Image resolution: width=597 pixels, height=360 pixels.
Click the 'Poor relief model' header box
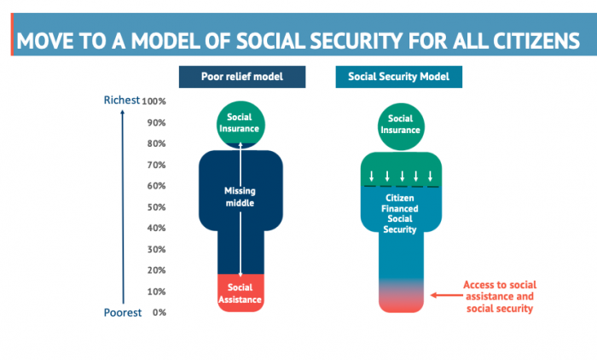coord(242,77)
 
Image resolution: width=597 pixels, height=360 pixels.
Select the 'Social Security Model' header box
coord(399,77)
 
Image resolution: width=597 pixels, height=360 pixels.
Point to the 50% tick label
coord(154,206)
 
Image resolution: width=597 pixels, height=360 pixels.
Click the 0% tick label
coord(159,312)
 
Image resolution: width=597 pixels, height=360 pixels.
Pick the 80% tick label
coord(154,143)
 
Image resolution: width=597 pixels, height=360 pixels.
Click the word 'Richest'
coord(121,100)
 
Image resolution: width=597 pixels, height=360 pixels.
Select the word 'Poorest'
coord(122,312)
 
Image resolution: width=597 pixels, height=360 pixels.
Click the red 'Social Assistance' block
coord(241,293)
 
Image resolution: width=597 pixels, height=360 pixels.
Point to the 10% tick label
coord(156,291)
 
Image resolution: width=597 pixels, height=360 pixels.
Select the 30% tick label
coord(155,249)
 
